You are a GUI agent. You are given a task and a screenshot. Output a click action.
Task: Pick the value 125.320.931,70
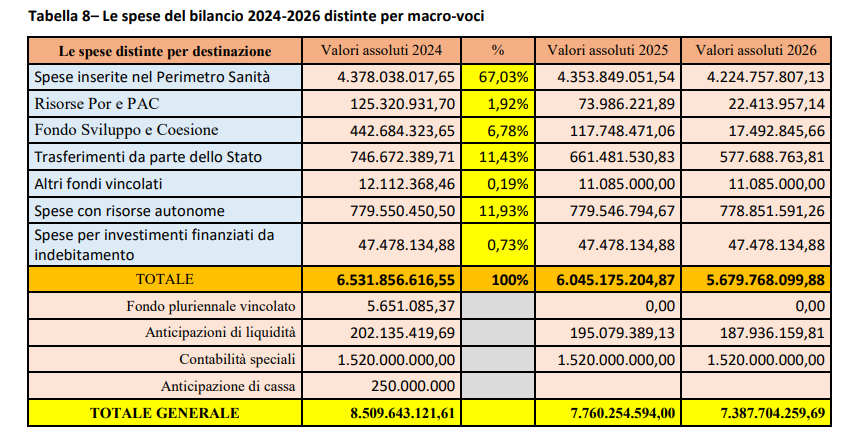point(396,103)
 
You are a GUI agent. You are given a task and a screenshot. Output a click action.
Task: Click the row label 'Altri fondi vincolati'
point(97,184)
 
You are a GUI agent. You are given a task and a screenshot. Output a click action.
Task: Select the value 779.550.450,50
point(396,211)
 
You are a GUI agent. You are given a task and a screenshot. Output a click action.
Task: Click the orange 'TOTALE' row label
point(165,279)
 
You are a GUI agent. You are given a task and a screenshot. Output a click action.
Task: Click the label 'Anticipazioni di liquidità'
point(220,332)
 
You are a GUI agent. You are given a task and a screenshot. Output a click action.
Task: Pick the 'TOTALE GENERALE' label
point(165,412)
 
